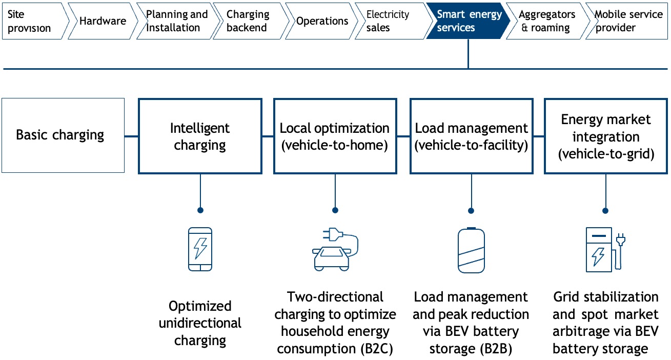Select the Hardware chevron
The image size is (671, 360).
[x=103, y=21]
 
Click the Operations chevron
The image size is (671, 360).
[x=322, y=21]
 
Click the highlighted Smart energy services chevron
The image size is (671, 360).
[x=468, y=21]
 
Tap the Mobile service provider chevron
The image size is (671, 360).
[x=627, y=21]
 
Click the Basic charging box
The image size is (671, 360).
[x=63, y=135]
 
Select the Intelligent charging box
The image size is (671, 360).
[x=200, y=136]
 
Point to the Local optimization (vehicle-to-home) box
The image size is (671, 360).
[x=335, y=136]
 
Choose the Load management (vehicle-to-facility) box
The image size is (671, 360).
[x=472, y=136]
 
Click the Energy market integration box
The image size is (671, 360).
[x=606, y=136]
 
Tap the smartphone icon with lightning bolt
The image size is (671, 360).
[x=200, y=249]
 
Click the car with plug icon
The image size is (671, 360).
[x=335, y=249]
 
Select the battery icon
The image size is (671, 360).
[x=471, y=250]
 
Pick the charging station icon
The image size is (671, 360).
[x=605, y=250]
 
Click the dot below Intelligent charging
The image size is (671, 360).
[x=200, y=210]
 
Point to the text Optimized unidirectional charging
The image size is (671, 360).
[x=200, y=323]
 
